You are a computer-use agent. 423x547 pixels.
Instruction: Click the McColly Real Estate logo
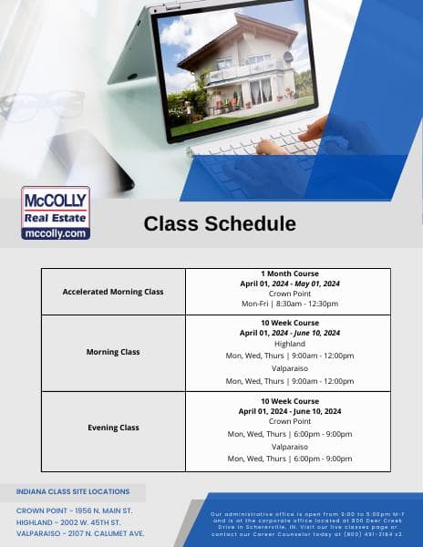tap(56, 212)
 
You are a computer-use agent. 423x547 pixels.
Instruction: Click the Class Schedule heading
tap(220, 224)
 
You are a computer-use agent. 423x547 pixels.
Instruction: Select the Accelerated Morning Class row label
tap(113, 292)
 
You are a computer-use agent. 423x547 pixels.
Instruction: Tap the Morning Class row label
tap(113, 352)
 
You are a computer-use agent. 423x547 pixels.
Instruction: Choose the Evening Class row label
tap(113, 428)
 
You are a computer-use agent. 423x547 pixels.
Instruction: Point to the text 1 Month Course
tap(289, 273)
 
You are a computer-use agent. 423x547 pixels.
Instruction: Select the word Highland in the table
tap(289, 344)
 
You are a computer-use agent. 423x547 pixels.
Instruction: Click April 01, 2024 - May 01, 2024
tap(289, 284)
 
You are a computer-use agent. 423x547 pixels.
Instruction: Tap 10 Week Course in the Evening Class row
tap(289, 400)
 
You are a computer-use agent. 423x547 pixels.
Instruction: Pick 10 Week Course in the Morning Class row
tap(289, 323)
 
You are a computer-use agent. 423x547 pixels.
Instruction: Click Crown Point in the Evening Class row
tap(289, 421)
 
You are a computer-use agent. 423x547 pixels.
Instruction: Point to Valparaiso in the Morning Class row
tap(289, 369)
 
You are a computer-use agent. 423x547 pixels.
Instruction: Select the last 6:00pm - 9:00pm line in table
tap(289, 459)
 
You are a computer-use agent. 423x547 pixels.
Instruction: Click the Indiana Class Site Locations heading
tap(73, 491)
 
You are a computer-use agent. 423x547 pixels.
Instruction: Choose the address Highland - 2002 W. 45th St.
tap(73, 521)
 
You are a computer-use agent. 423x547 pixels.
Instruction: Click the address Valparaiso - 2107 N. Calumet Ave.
tap(80, 533)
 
